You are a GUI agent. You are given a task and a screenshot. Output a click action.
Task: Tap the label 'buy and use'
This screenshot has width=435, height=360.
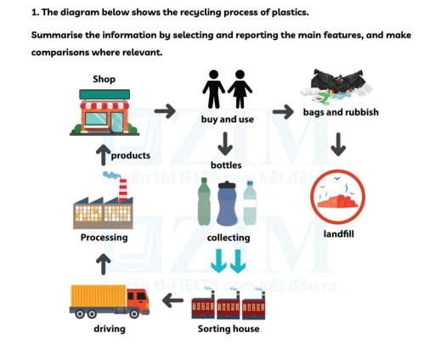pos(227,120)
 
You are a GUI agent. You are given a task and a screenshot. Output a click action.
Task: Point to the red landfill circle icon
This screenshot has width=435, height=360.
pos(338,198)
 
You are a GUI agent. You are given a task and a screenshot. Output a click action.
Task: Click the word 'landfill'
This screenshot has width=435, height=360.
pos(338,233)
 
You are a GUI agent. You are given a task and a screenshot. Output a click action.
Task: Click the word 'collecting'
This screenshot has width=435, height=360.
pos(228,238)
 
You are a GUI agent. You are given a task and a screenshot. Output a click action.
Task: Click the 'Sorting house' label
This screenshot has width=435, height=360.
pos(228,329)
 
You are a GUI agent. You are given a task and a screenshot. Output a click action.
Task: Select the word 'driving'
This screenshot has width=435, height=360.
pos(110,329)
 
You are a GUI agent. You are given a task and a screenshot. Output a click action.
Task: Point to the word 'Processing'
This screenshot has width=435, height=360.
pos(104,238)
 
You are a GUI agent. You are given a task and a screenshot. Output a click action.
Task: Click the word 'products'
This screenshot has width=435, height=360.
pos(131,155)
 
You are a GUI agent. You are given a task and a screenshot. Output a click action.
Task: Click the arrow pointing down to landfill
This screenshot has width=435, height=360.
pos(338,144)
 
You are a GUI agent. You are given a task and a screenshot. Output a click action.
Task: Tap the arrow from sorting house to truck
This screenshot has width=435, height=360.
pos(173,300)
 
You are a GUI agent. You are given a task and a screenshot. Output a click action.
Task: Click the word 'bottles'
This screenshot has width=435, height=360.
pos(227,165)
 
